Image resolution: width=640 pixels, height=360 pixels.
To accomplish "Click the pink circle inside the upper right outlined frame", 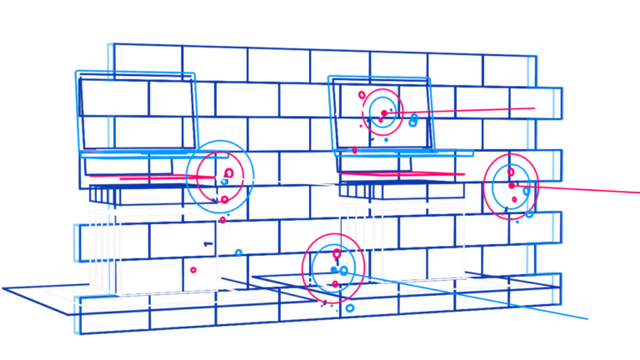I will [x=382, y=110].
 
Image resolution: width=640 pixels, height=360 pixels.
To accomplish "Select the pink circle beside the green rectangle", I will [x=511, y=185].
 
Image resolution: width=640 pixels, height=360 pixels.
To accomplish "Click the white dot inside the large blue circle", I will [x=219, y=177].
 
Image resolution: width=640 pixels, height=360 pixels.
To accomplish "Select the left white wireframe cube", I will [x=154, y=250].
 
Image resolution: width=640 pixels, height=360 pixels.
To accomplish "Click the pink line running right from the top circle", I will [x=475, y=111].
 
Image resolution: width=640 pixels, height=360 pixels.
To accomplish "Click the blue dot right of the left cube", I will [x=238, y=252].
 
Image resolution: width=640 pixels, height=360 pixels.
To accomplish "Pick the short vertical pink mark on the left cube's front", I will [x=192, y=272].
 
